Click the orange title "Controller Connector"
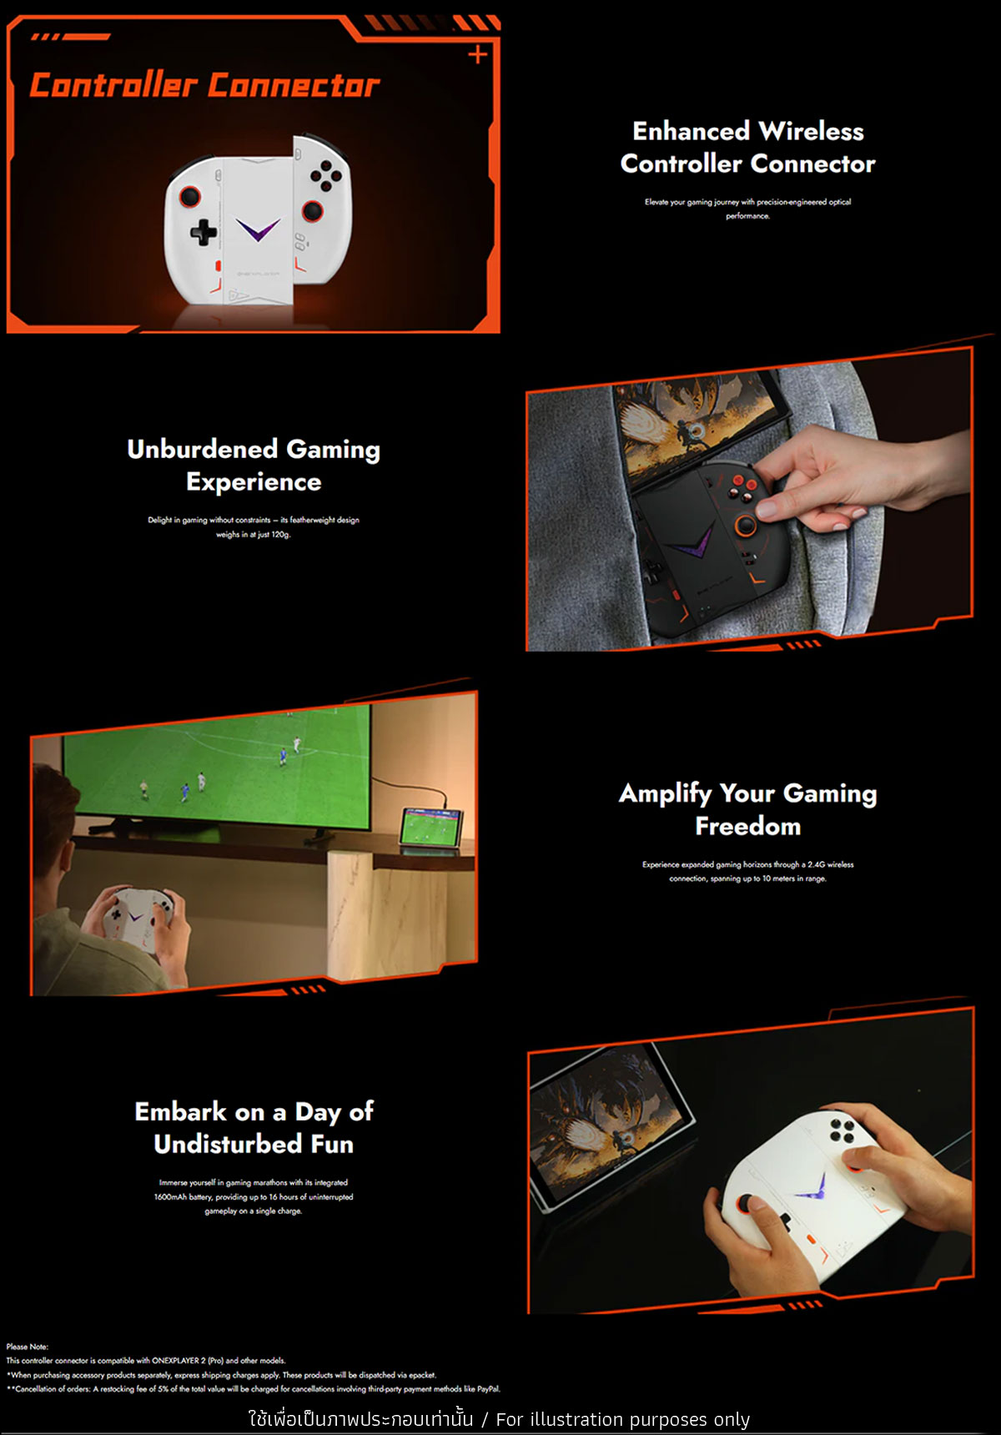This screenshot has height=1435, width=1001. [204, 85]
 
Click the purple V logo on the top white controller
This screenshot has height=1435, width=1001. [258, 230]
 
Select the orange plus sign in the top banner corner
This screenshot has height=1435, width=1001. [477, 55]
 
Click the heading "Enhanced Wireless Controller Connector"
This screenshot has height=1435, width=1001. [748, 147]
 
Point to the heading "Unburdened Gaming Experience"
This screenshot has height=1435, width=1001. [254, 465]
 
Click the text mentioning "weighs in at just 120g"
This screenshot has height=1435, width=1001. [254, 534]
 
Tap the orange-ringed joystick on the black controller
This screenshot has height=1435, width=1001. [744, 525]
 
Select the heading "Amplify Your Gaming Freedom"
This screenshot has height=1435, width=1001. [748, 809]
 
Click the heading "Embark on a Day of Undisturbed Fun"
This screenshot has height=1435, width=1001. [254, 1127]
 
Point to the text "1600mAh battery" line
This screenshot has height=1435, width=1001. [254, 1196]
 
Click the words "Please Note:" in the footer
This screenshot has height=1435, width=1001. [28, 1347]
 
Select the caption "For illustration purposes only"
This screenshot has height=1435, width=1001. [623, 1419]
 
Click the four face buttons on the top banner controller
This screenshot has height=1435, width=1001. [325, 174]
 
